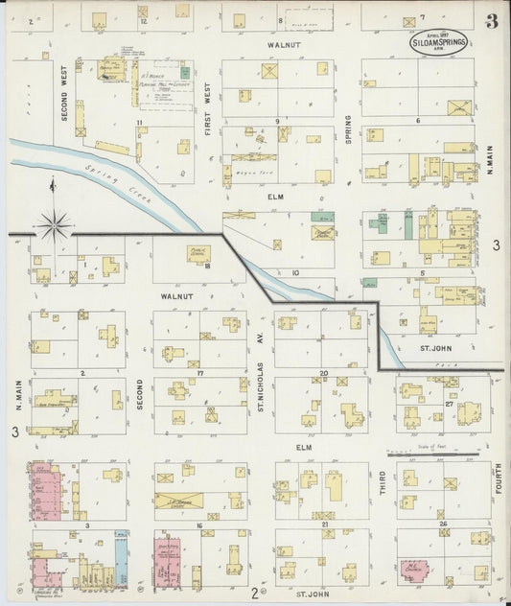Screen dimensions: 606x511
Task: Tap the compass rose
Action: coord(55,226)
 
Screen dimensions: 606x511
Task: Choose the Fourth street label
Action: coord(498,479)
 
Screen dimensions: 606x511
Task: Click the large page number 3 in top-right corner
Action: coord(491,21)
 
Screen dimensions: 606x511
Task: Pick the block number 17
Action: coord(200,372)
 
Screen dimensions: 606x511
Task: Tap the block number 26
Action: coord(443,524)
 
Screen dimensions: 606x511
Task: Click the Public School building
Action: coord(199,253)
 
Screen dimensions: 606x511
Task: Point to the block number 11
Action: coord(140,123)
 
